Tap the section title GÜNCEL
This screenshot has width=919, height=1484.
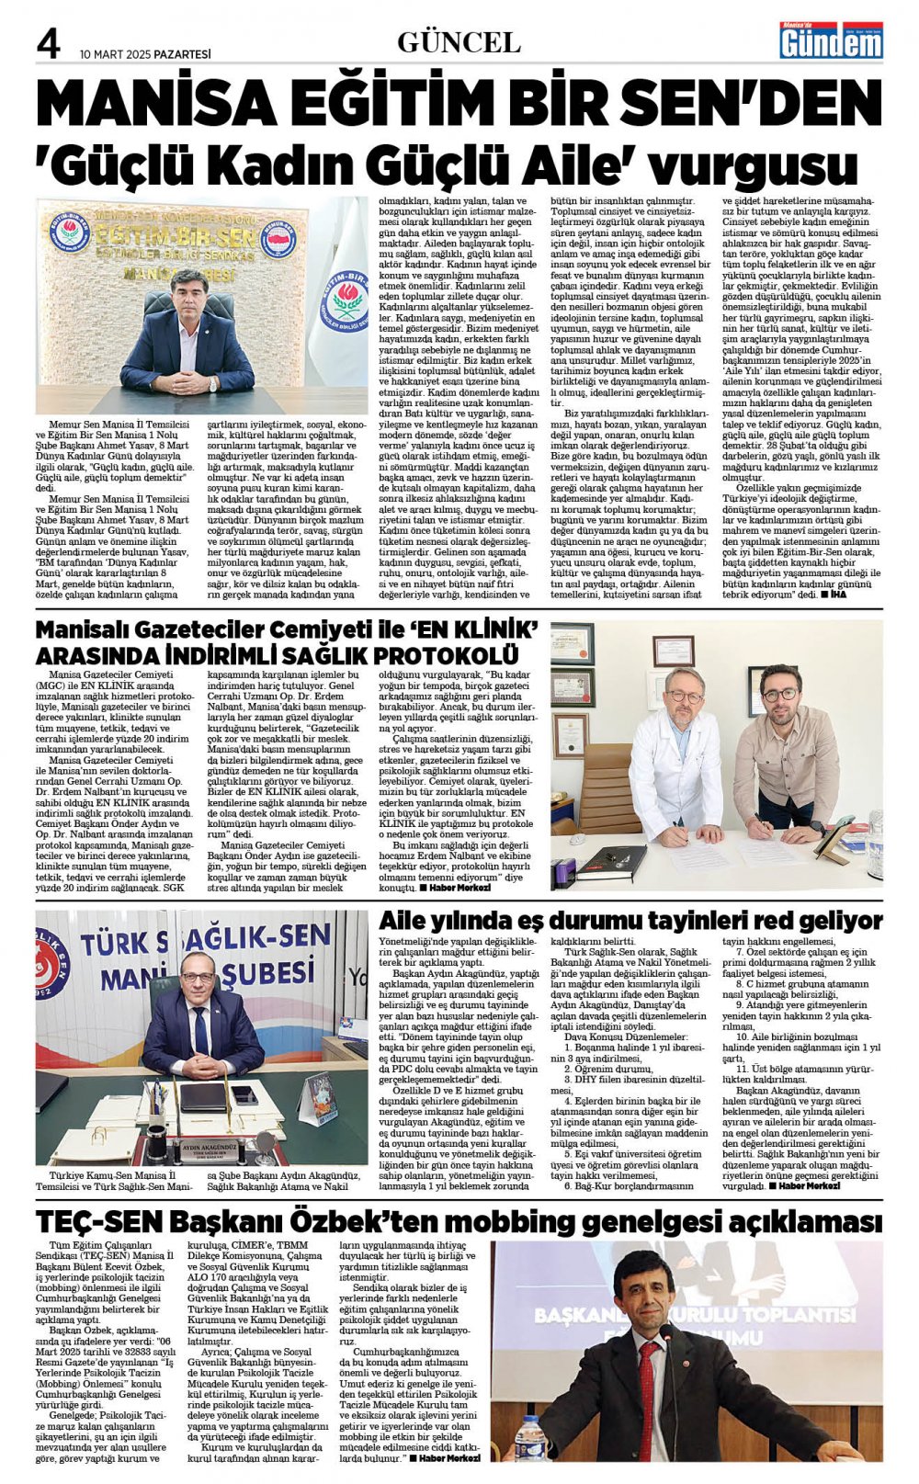(x=459, y=42)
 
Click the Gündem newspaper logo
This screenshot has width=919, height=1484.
(x=831, y=40)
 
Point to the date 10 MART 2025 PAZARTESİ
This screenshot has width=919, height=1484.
(x=145, y=54)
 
